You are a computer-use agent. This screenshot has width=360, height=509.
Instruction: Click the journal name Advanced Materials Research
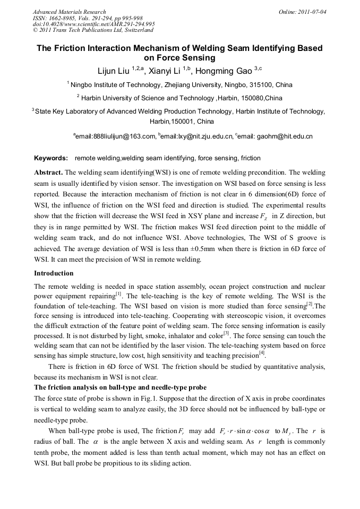pos(69,12)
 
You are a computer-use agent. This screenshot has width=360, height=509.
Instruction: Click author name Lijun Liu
pos(114,71)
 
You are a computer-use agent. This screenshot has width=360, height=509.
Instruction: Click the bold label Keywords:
pos(51,158)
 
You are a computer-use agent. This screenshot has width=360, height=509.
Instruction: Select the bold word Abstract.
pos(49,172)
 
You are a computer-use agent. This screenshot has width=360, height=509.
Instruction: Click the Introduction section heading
pos(54,273)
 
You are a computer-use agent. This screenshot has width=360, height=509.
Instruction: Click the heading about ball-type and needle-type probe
pos(121,387)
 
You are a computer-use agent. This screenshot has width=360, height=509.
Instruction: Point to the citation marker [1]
pos(119,294)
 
